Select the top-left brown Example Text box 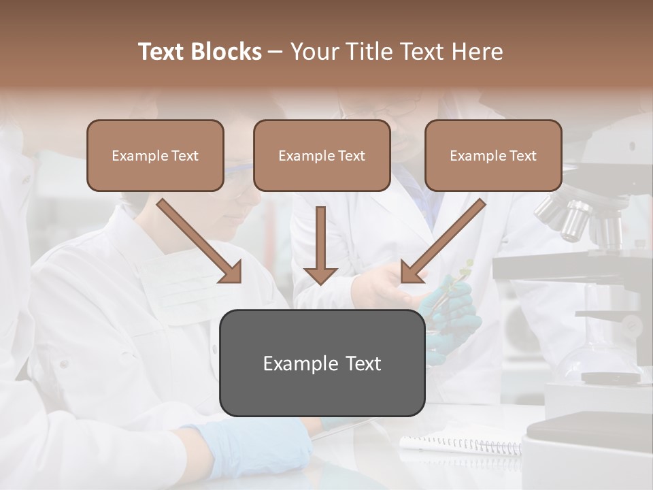155,156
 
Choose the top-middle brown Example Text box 322,156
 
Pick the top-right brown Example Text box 493,156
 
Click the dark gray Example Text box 322,363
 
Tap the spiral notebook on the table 463,444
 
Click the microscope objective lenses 578,218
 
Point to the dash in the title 275,52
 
